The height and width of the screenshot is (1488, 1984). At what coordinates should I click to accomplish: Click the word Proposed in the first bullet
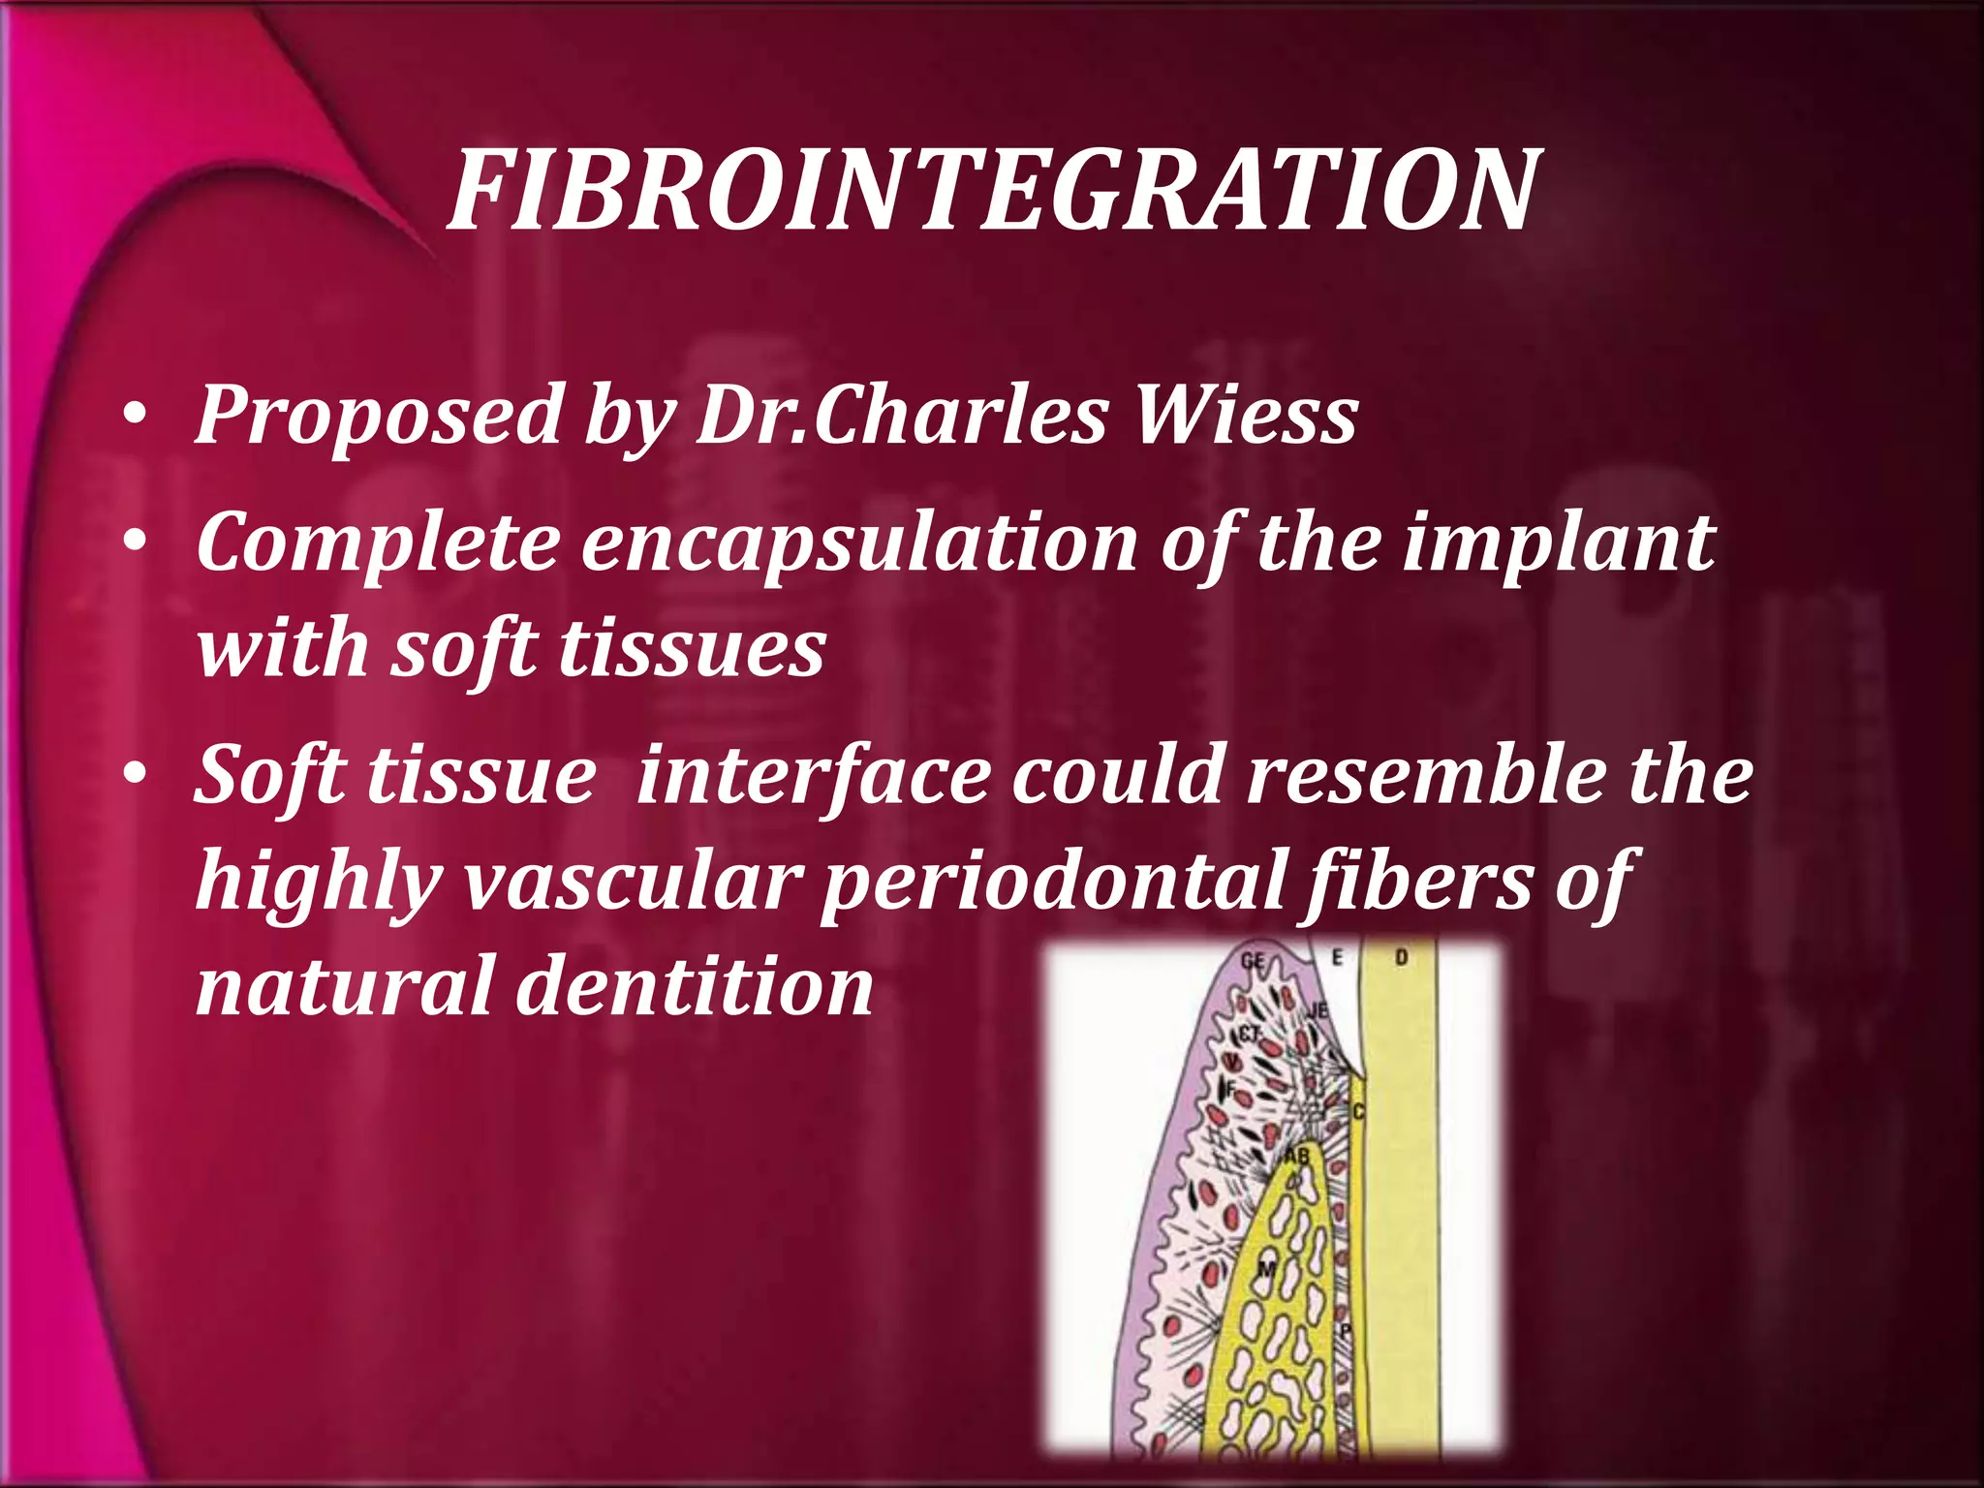pyautogui.click(x=379, y=415)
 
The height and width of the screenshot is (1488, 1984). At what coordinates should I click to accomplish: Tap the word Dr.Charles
pyautogui.click(x=902, y=415)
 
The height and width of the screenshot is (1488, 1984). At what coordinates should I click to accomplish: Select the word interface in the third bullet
pyautogui.click(x=814, y=775)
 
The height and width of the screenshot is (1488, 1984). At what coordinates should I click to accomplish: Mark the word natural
pyautogui.click(x=345, y=986)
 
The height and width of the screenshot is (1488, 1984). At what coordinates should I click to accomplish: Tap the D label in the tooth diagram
pyautogui.click(x=1401, y=958)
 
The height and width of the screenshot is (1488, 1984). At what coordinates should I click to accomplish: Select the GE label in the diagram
pyautogui.click(x=1253, y=961)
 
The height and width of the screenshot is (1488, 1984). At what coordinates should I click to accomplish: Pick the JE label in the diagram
pyautogui.click(x=1317, y=1010)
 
